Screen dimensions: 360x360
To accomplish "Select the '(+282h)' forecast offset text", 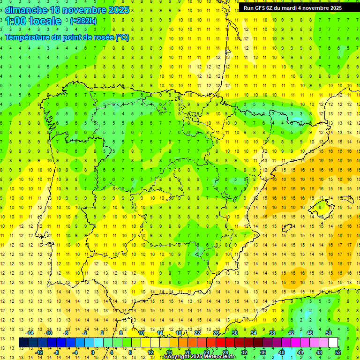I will click(83, 21).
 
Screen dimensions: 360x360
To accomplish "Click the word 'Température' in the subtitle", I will click(28, 37).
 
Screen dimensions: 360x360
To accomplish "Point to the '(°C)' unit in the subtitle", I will click(122, 37).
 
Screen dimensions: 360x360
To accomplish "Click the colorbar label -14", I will click(30, 332).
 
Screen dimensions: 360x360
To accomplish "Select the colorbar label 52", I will click(338, 352).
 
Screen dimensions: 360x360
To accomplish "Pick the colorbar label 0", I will click(92, 352).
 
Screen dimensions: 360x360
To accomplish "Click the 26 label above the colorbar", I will click(216, 332).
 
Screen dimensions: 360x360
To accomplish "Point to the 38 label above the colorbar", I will click(272, 332).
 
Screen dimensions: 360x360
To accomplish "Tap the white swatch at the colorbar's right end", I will click(333, 343).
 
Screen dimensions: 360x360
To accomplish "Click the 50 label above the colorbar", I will click(328, 332).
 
